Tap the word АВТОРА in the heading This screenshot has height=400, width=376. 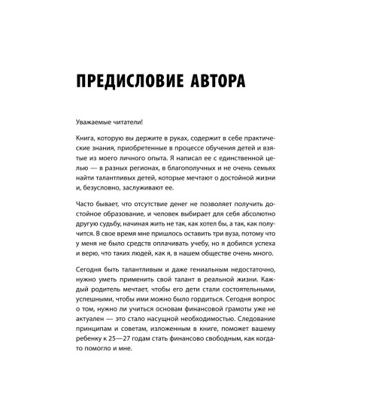pos(244,79)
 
